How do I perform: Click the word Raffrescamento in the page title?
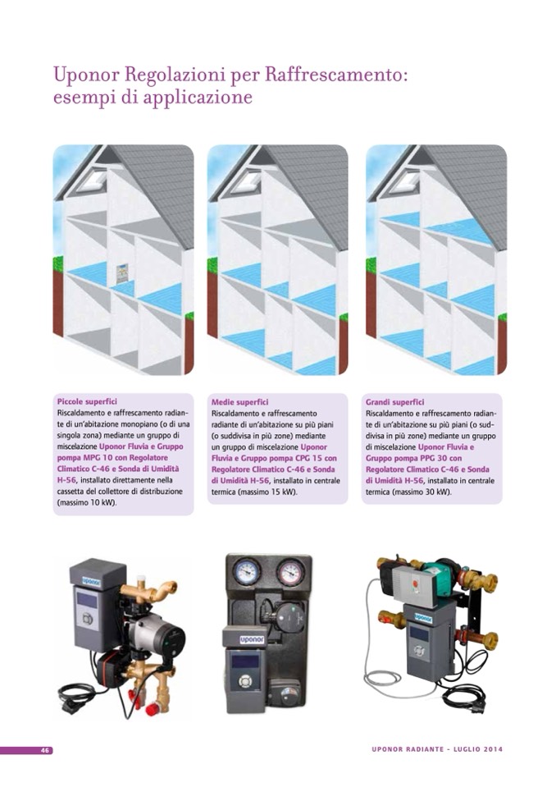(x=334, y=75)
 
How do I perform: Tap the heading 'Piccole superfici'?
(x=87, y=401)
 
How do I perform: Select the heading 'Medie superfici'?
(x=239, y=402)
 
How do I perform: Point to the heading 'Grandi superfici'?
(x=394, y=402)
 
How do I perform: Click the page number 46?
(x=45, y=750)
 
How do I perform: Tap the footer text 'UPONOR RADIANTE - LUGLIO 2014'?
(x=437, y=749)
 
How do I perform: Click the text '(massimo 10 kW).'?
(x=87, y=502)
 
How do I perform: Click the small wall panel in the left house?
(x=123, y=272)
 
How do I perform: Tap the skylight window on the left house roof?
(x=93, y=181)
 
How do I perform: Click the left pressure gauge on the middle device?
(x=247, y=572)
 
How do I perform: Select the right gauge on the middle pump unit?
(x=290, y=572)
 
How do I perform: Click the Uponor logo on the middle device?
(x=252, y=639)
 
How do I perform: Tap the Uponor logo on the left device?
(x=91, y=581)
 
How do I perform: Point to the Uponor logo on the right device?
(x=424, y=618)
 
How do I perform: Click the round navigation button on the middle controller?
(x=244, y=681)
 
